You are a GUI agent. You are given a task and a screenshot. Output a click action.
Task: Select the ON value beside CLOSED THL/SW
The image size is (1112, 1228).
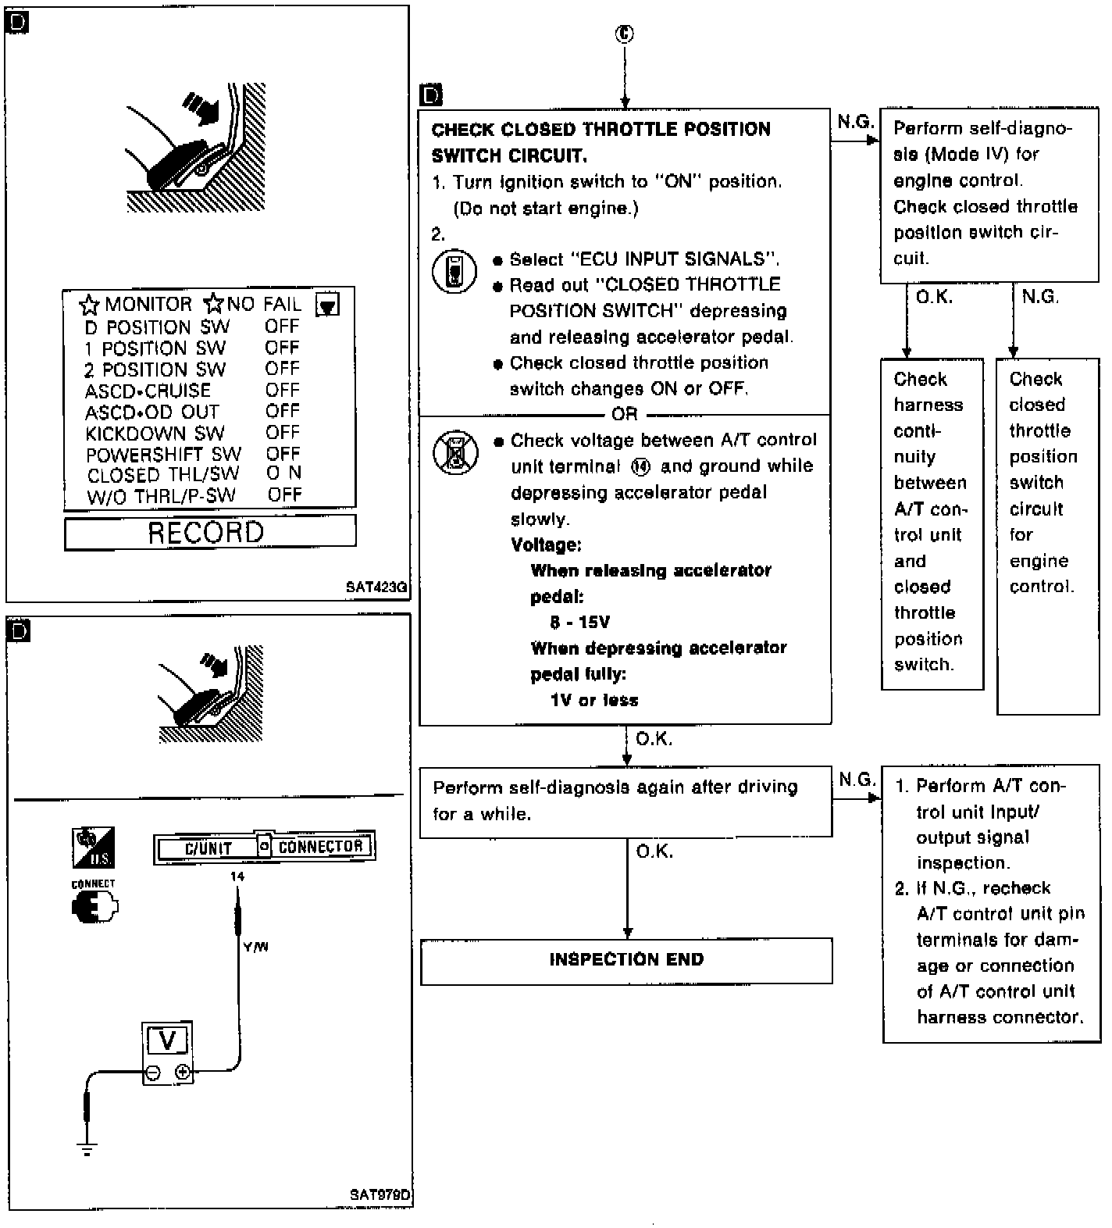[283, 473]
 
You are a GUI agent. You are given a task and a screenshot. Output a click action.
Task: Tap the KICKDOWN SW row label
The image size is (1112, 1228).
[155, 433]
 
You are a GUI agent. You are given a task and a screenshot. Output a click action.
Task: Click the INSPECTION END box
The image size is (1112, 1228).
[626, 960]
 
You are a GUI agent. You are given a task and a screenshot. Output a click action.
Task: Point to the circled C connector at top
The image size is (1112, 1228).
[625, 34]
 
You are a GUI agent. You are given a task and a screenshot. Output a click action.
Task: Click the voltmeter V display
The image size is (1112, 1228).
[168, 1041]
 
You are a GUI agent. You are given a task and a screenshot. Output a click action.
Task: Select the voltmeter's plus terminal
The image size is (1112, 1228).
[183, 1072]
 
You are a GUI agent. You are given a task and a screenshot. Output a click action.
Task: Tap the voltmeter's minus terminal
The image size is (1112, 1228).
[154, 1073]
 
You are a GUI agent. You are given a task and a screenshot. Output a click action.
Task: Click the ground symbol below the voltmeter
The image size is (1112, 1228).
[87, 1148]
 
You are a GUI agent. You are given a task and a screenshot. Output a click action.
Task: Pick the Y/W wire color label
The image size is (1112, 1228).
[255, 947]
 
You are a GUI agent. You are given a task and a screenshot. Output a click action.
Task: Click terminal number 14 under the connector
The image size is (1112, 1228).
[237, 876]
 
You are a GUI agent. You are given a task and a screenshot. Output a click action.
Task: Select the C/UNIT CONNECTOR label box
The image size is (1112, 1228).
[264, 847]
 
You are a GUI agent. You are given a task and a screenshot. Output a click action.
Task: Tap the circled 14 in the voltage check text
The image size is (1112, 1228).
[640, 467]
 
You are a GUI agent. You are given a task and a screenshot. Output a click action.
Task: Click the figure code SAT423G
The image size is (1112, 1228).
[377, 587]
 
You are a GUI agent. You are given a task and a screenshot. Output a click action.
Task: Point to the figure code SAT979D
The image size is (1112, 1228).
[380, 1195]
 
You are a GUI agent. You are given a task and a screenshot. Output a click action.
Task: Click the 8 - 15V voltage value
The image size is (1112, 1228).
[579, 623]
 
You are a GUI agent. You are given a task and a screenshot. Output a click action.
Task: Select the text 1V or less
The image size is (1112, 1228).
[594, 701]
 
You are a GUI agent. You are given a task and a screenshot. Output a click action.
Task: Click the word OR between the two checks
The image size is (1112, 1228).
[625, 414]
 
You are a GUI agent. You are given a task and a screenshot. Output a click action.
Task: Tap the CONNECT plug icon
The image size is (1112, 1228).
[94, 908]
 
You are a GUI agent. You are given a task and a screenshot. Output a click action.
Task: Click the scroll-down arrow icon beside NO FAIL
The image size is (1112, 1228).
[327, 305]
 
